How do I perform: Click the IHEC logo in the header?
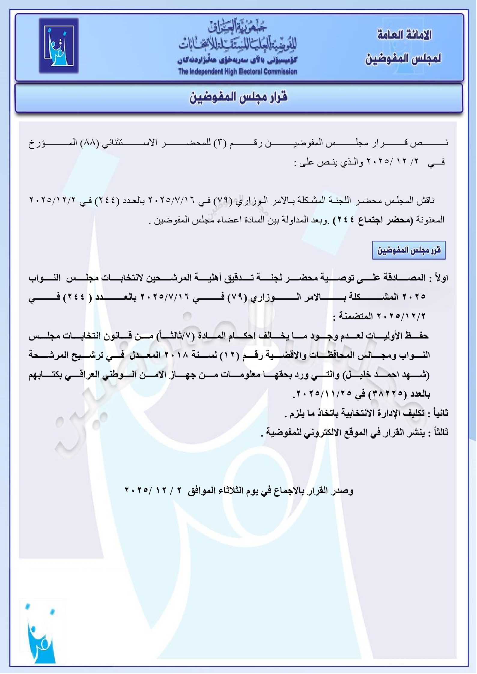[59, 46]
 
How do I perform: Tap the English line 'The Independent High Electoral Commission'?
[237, 71]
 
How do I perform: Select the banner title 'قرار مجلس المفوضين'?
[239, 97]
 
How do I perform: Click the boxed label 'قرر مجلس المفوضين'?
[409, 250]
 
